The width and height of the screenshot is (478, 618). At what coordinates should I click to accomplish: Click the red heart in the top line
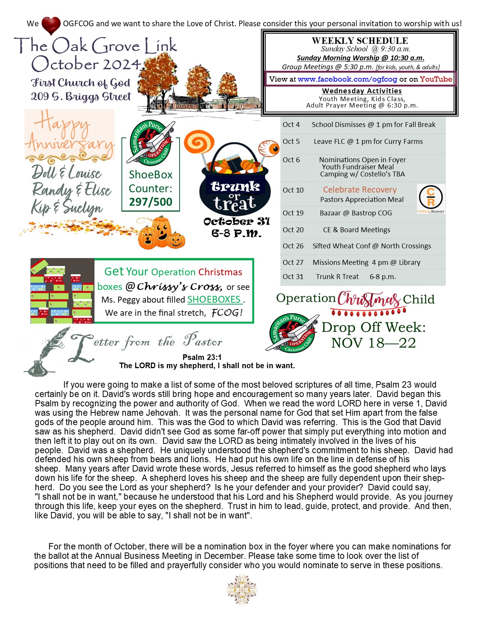point(51,25)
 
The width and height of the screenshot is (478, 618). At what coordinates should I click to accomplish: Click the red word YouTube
point(436,79)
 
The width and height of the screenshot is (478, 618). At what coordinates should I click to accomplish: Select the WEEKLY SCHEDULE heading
point(360,40)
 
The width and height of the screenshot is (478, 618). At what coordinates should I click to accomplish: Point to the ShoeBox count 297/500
point(151,202)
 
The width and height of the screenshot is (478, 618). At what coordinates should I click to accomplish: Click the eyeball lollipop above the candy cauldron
point(270,148)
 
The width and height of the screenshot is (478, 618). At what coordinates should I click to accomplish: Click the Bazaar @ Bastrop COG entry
point(356,213)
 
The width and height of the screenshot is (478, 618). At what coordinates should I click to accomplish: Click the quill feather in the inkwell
point(49,348)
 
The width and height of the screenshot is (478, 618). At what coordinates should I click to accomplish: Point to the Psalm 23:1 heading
point(202,357)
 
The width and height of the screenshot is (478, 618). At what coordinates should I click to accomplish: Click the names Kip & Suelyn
point(67,207)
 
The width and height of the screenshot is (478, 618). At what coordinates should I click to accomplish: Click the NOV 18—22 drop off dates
point(373,343)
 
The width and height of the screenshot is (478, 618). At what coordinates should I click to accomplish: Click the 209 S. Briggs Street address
point(81,97)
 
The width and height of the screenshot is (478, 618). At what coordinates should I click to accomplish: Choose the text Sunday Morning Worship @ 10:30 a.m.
point(360,58)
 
